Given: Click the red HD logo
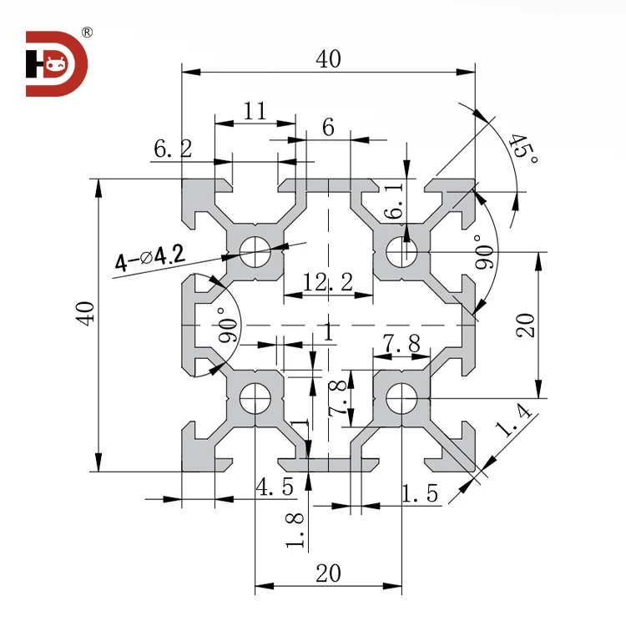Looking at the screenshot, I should point(56,63).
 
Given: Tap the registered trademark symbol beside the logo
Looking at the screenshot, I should point(87,33).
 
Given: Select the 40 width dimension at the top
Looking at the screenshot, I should point(329,59).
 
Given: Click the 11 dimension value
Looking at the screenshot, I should point(255,110).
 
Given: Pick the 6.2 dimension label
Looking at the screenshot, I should point(172,149).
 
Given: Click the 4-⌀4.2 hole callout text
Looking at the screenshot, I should point(149,260).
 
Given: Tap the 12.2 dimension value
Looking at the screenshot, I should point(327,283).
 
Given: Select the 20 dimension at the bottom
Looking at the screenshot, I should point(329,573).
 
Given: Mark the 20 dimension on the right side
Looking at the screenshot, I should point(525,323).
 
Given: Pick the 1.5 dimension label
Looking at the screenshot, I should point(419,493).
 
